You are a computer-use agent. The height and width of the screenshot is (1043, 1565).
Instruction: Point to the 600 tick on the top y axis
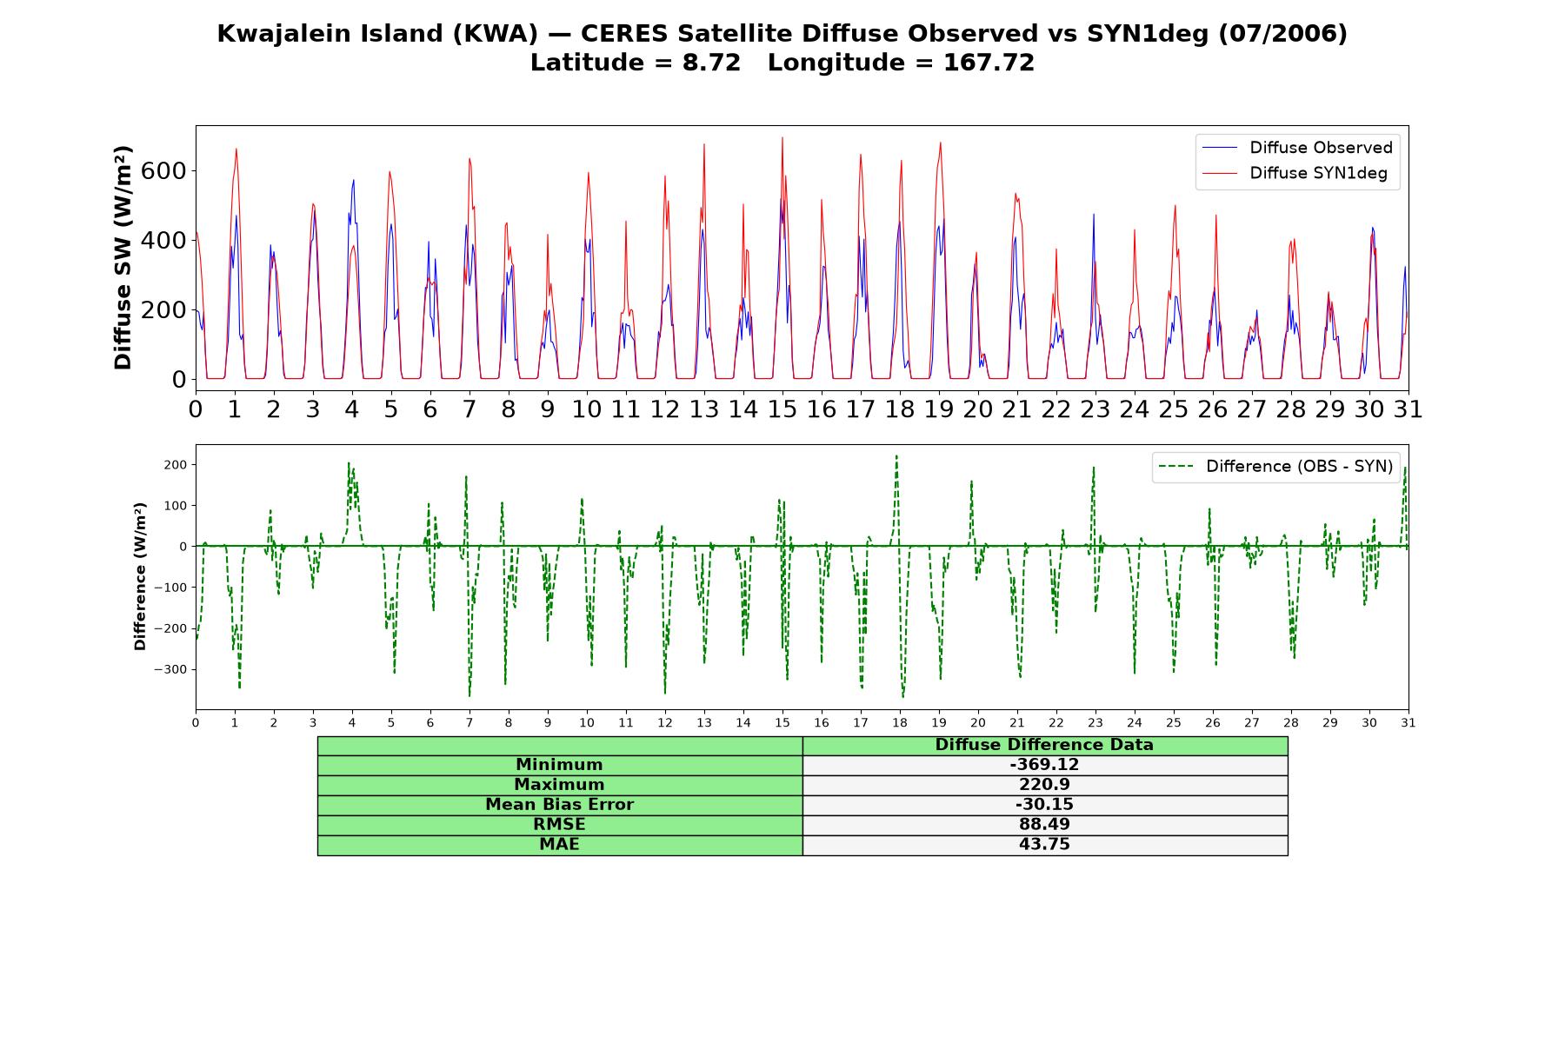click(163, 170)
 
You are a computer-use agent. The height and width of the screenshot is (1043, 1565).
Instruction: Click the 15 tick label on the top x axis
click(782, 409)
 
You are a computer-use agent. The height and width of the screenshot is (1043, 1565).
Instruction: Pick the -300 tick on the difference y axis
click(170, 669)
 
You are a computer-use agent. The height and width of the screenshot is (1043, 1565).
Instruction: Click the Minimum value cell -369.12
click(1044, 765)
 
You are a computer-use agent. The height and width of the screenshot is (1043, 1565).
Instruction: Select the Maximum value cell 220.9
click(1044, 785)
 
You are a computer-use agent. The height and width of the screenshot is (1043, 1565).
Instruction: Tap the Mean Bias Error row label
click(559, 805)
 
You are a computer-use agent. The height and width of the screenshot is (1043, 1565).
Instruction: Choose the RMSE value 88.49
click(1044, 825)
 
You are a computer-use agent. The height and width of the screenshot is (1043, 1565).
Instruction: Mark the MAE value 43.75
click(1044, 845)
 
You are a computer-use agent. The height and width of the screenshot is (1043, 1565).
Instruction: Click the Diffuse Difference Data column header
click(1044, 745)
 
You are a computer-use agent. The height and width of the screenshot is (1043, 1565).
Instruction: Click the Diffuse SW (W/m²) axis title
click(123, 258)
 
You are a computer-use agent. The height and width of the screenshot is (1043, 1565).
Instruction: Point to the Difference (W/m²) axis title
click(141, 576)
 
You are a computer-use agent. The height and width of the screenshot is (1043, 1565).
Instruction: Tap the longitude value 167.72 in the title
click(989, 63)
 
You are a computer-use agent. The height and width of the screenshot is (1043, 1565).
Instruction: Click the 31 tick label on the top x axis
click(1408, 409)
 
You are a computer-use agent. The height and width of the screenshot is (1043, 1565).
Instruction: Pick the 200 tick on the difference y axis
click(174, 464)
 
